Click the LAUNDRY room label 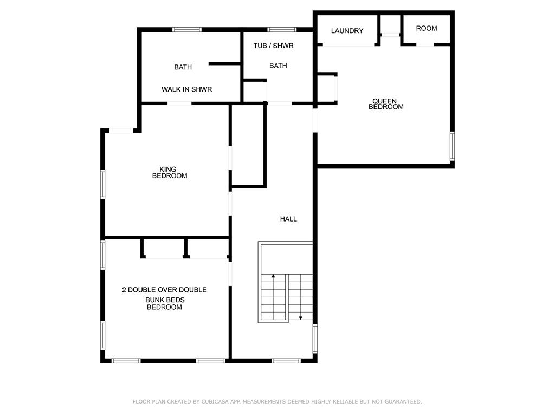[x=347, y=31]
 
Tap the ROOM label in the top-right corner [x=426, y=28]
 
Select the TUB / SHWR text [x=273, y=45]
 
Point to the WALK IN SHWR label [x=186, y=89]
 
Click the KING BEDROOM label [x=170, y=172]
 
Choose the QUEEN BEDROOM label [x=386, y=103]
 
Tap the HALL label [x=288, y=219]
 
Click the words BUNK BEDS [x=165, y=300]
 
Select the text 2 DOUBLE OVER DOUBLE [x=164, y=290]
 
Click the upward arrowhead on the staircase [x=273, y=276]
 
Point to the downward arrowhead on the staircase [x=300, y=318]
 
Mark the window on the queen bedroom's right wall [x=452, y=146]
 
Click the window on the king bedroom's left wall [x=102, y=184]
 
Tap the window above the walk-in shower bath [x=187, y=30]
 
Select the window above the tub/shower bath [x=282, y=30]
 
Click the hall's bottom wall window [x=286, y=361]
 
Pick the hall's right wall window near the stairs [x=315, y=339]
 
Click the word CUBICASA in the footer [x=215, y=401]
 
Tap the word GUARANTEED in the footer [x=403, y=401]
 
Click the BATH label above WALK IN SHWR [x=183, y=67]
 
